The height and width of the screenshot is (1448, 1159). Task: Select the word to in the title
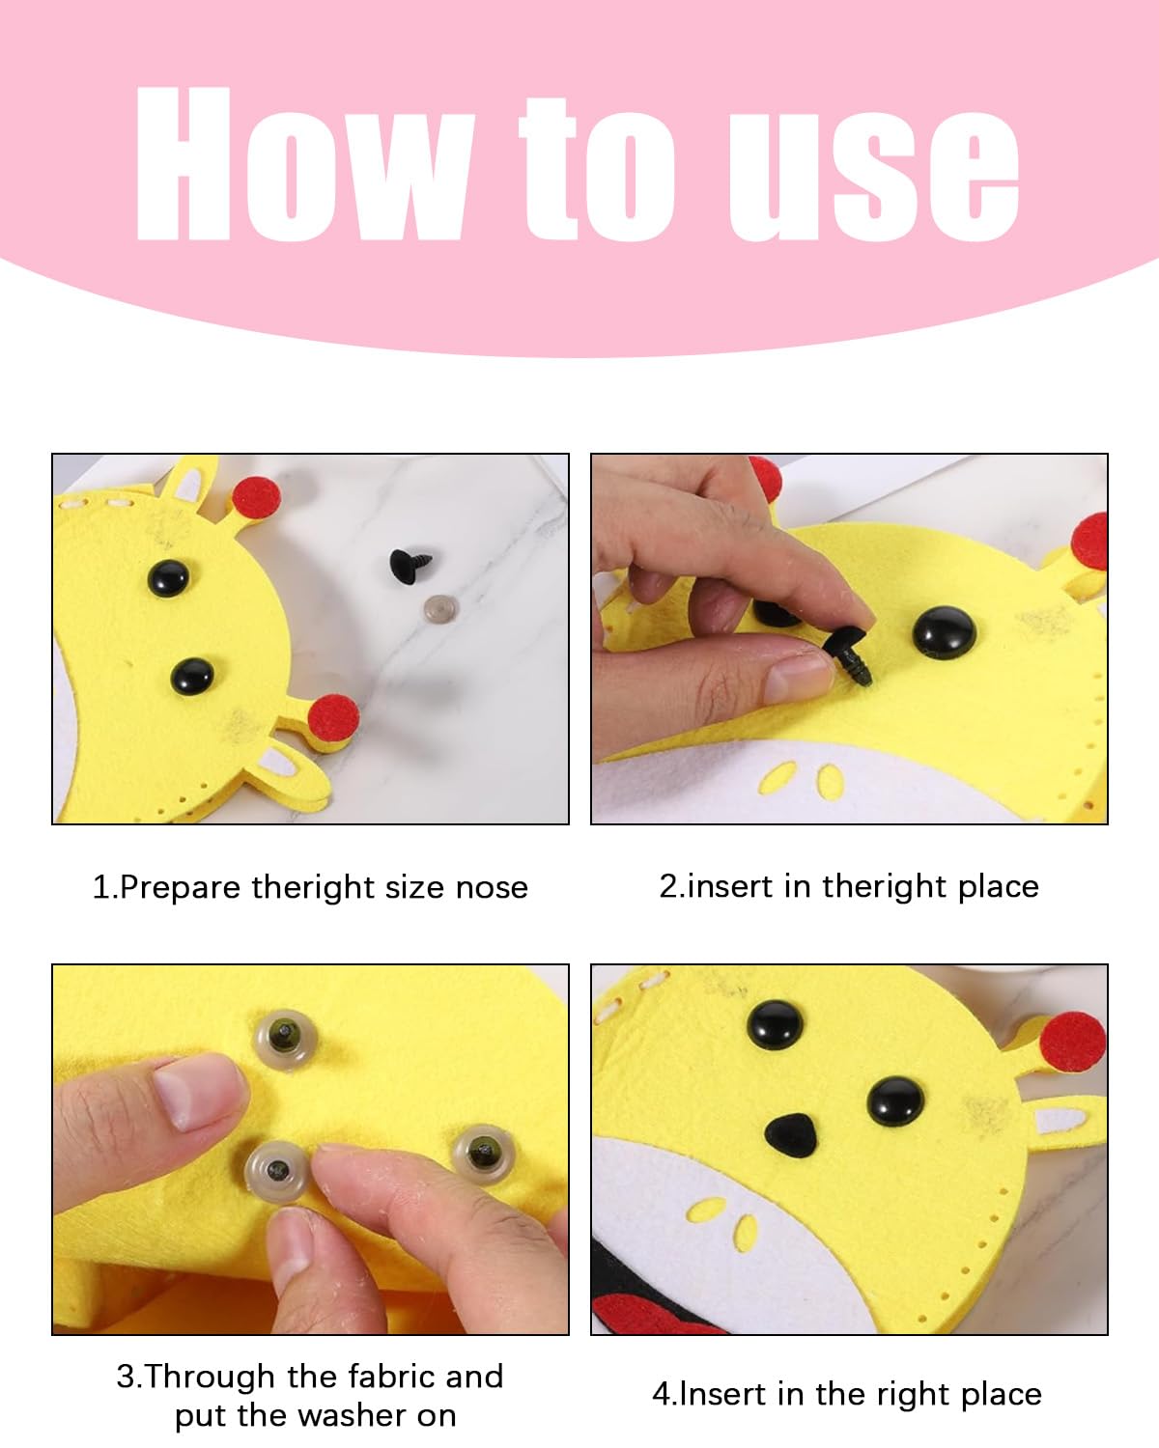(597, 169)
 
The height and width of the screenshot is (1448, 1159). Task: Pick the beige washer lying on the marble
(441, 609)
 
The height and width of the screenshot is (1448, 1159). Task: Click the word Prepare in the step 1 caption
(181, 888)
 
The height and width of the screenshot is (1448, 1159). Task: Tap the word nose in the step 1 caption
(492, 888)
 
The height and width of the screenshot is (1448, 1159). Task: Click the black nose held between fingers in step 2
(849, 653)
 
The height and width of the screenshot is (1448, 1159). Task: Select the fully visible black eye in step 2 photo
(945, 632)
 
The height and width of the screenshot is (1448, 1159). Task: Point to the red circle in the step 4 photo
(1073, 1043)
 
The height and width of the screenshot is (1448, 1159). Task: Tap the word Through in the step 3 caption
(212, 1377)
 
